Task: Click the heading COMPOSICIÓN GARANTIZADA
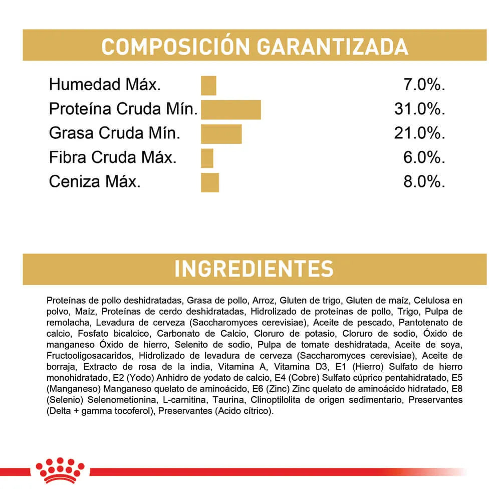point(255,46)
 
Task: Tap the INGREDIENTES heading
point(254,269)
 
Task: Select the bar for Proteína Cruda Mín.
point(231,110)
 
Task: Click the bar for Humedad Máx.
point(208,85)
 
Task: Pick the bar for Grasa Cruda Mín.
point(221,134)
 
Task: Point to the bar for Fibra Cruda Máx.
point(207,158)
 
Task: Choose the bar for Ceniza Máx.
point(210,182)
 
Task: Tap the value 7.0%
point(424,85)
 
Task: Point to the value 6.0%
point(424,158)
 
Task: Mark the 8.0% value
point(424,182)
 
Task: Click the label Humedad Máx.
point(105,85)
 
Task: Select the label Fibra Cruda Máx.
point(113,158)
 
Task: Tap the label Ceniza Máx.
point(95,182)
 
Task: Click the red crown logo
point(60,471)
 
